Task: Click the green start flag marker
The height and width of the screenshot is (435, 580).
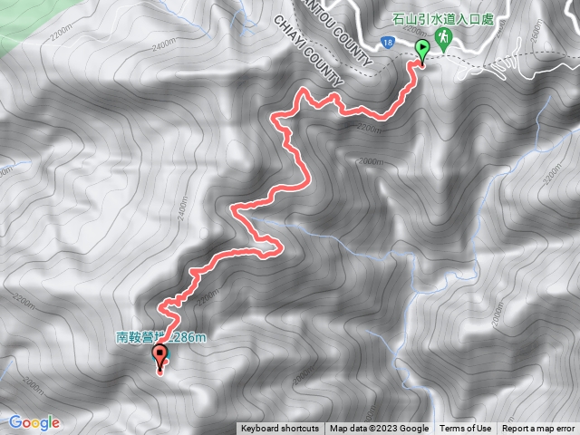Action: coord(421,49)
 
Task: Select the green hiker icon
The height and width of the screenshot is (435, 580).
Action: coord(443,37)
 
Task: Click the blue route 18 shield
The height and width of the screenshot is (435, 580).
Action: coord(387,42)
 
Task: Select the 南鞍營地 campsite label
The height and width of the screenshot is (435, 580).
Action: coord(163,338)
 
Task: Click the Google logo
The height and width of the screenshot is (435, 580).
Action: coord(34,422)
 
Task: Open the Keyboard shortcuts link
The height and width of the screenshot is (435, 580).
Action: coord(279,429)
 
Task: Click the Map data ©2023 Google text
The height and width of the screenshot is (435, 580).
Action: coord(379,429)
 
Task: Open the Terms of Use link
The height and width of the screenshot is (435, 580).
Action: coord(465,429)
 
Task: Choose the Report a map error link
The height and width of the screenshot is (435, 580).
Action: coord(538,429)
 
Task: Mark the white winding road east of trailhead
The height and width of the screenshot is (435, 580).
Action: coord(507,63)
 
